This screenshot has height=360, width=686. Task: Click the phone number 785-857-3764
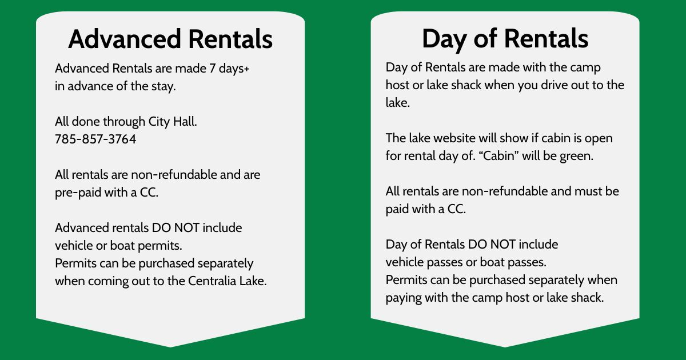click(x=95, y=139)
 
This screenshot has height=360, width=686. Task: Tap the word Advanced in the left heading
click(x=125, y=39)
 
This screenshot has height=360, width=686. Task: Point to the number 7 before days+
click(x=212, y=68)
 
